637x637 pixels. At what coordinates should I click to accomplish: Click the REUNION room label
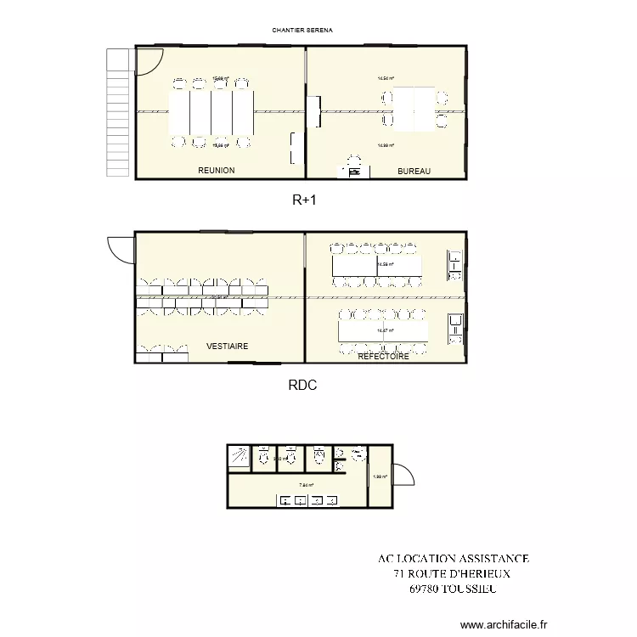pyautogui.click(x=216, y=171)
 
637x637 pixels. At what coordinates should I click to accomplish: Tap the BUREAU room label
pyautogui.click(x=414, y=172)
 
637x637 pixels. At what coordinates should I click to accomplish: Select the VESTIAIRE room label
pyautogui.click(x=228, y=347)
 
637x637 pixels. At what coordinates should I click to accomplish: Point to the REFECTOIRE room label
pyautogui.click(x=383, y=357)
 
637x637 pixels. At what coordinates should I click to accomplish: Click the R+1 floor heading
pyautogui.click(x=304, y=200)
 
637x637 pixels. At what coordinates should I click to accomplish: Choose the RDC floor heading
pyautogui.click(x=302, y=385)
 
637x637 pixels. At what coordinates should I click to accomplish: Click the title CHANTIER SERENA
pyautogui.click(x=302, y=30)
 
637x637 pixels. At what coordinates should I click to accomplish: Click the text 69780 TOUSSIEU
pyautogui.click(x=453, y=588)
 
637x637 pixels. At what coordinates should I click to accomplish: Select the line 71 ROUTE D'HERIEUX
pyautogui.click(x=453, y=573)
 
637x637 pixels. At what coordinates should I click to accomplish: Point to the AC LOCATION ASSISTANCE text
pyautogui.click(x=454, y=558)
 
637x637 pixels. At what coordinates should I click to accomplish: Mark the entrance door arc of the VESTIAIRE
pyautogui.click(x=121, y=248)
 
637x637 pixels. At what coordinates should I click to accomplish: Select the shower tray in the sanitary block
pyautogui.click(x=239, y=456)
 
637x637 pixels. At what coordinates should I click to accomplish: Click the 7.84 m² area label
pyautogui.click(x=306, y=486)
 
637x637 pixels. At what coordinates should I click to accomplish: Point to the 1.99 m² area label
pyautogui.click(x=380, y=476)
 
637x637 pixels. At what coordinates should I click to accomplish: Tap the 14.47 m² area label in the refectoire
pyautogui.click(x=384, y=330)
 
